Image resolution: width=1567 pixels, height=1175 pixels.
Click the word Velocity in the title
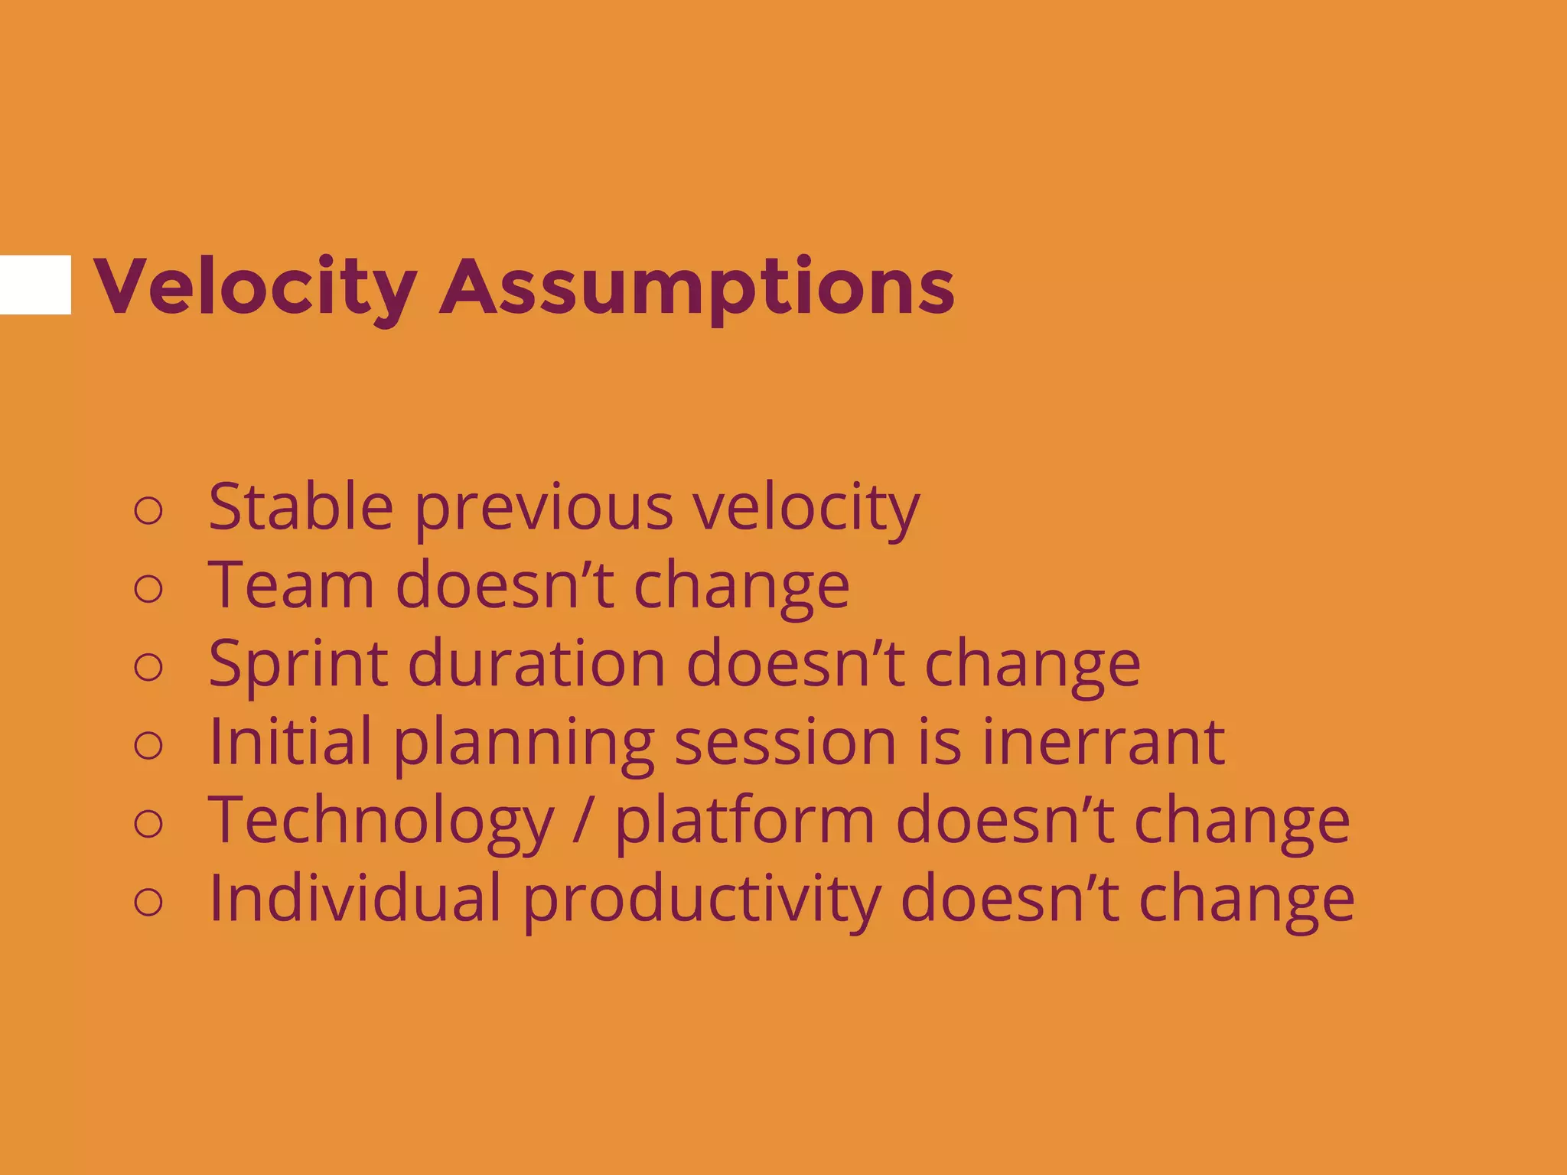(x=255, y=286)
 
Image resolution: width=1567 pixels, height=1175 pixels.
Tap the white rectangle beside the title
(x=35, y=285)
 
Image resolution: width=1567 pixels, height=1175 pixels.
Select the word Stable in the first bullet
(x=301, y=506)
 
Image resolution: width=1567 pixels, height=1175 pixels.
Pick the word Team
(x=291, y=585)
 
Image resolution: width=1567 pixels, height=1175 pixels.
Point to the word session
(x=785, y=742)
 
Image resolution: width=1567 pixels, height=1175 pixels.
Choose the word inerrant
(x=1103, y=742)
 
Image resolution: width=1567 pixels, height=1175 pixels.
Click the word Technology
(x=381, y=821)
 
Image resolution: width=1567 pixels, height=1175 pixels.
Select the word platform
(x=744, y=821)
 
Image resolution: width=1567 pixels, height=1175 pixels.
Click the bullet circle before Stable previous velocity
(x=148, y=510)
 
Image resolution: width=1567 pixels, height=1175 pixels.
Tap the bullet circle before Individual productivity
(x=148, y=902)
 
